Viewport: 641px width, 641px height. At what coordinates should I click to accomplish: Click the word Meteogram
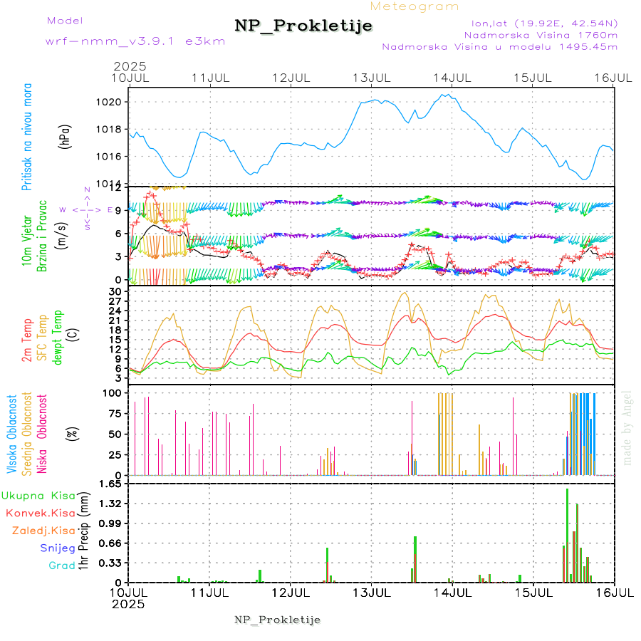click(x=415, y=6)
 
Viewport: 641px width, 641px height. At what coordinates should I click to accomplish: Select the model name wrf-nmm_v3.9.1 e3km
click(x=135, y=41)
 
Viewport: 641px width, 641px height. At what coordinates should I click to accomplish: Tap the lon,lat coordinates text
click(x=539, y=23)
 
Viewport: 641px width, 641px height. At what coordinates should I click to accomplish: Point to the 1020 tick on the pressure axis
click(x=113, y=102)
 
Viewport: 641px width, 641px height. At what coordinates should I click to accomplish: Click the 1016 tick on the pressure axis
click(x=113, y=156)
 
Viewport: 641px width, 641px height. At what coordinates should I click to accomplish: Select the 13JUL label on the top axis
click(x=372, y=77)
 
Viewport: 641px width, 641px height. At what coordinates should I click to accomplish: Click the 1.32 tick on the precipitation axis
click(x=112, y=504)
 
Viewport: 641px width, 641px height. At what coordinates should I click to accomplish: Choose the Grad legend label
click(x=62, y=566)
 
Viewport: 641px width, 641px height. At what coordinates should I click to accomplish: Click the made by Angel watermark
click(x=627, y=428)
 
